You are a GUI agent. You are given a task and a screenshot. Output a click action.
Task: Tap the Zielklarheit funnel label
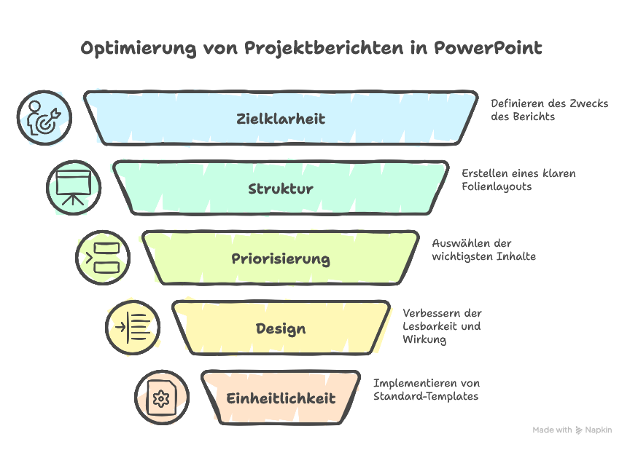(x=281, y=119)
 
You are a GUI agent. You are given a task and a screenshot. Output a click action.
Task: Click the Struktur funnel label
(x=281, y=189)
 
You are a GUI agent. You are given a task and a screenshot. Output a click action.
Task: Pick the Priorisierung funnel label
(x=281, y=258)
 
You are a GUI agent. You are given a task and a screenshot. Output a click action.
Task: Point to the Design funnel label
(x=281, y=328)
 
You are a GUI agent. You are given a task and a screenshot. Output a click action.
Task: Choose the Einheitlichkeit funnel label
(x=281, y=398)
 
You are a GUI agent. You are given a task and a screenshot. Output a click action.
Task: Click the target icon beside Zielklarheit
(x=44, y=118)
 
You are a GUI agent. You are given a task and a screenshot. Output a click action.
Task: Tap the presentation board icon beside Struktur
(x=74, y=188)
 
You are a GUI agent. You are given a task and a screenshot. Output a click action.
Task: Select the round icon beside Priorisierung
(x=103, y=258)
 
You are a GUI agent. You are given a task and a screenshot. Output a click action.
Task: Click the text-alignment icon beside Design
(x=133, y=328)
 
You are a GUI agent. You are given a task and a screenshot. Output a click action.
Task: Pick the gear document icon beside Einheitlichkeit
(x=161, y=398)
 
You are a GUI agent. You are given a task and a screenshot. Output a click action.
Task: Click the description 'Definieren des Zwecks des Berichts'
(x=548, y=110)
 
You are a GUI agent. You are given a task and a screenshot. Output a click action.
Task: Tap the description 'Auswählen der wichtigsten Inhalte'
(x=483, y=250)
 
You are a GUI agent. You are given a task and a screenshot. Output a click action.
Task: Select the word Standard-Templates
(x=426, y=396)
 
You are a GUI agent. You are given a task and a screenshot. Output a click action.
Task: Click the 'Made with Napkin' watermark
(x=572, y=430)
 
